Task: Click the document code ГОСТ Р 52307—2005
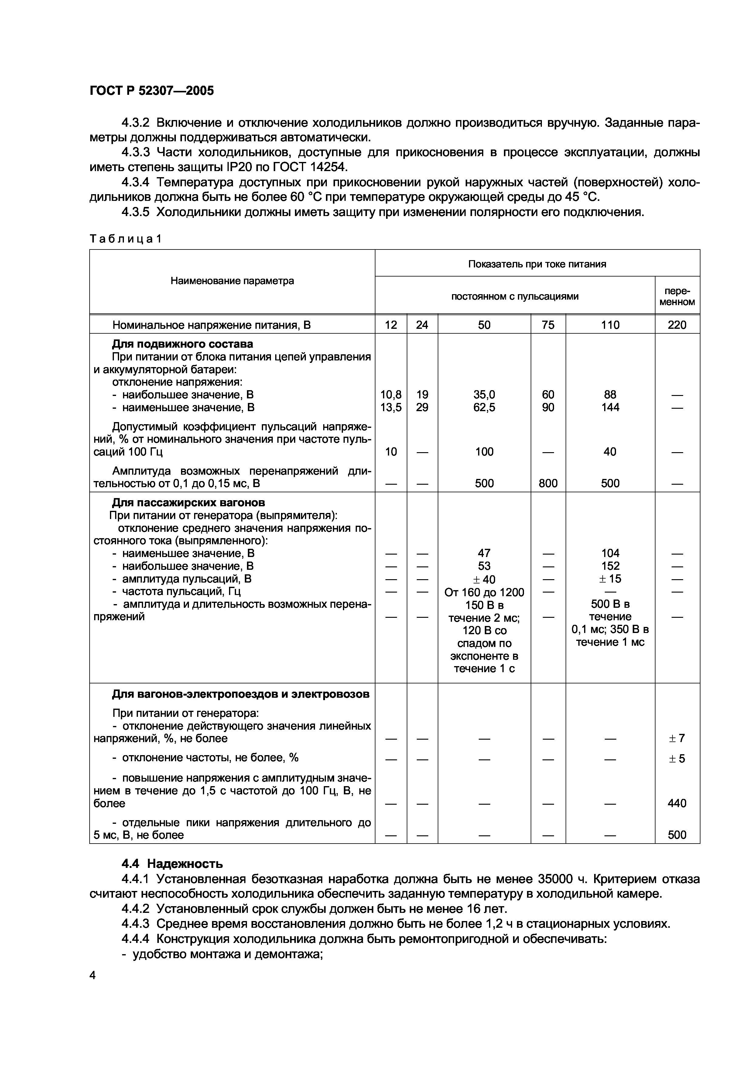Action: [x=152, y=91]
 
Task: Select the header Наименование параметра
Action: [x=232, y=281]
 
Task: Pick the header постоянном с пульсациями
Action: [x=515, y=296]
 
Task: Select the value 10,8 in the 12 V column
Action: [x=391, y=395]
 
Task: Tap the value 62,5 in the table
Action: [x=484, y=407]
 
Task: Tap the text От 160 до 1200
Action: [x=484, y=592]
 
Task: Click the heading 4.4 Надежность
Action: [x=172, y=864]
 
